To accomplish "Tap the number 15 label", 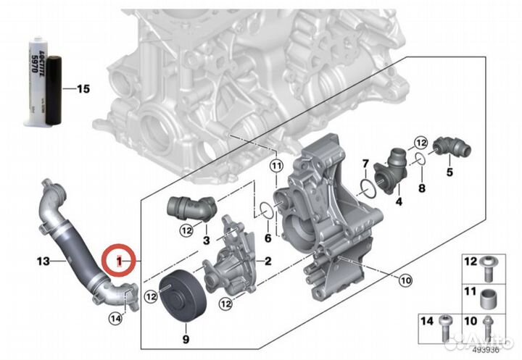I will (83, 89).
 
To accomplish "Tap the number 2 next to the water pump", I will (268, 260).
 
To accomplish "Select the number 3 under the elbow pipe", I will (206, 240).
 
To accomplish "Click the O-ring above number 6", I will (267, 210).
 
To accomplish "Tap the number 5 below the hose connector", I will (449, 172).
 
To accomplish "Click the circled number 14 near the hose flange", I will (116, 317).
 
